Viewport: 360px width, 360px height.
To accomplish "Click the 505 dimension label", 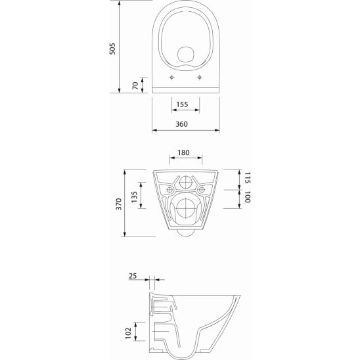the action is coord(112,49).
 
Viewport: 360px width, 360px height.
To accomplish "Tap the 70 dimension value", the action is coord(135,85).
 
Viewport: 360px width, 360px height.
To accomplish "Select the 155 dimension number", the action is coord(182,104).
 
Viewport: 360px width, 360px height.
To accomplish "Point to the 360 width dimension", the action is coord(181,124).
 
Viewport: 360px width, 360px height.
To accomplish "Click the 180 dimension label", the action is coord(183,152).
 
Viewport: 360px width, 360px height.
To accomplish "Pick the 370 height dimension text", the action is coord(119,204).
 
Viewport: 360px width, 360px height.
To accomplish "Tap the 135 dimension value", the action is coord(134,197).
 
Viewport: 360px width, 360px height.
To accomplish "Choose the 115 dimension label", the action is coord(247,178).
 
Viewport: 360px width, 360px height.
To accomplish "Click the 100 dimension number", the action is coord(247,197).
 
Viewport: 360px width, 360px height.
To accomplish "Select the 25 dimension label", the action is coord(133,276).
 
